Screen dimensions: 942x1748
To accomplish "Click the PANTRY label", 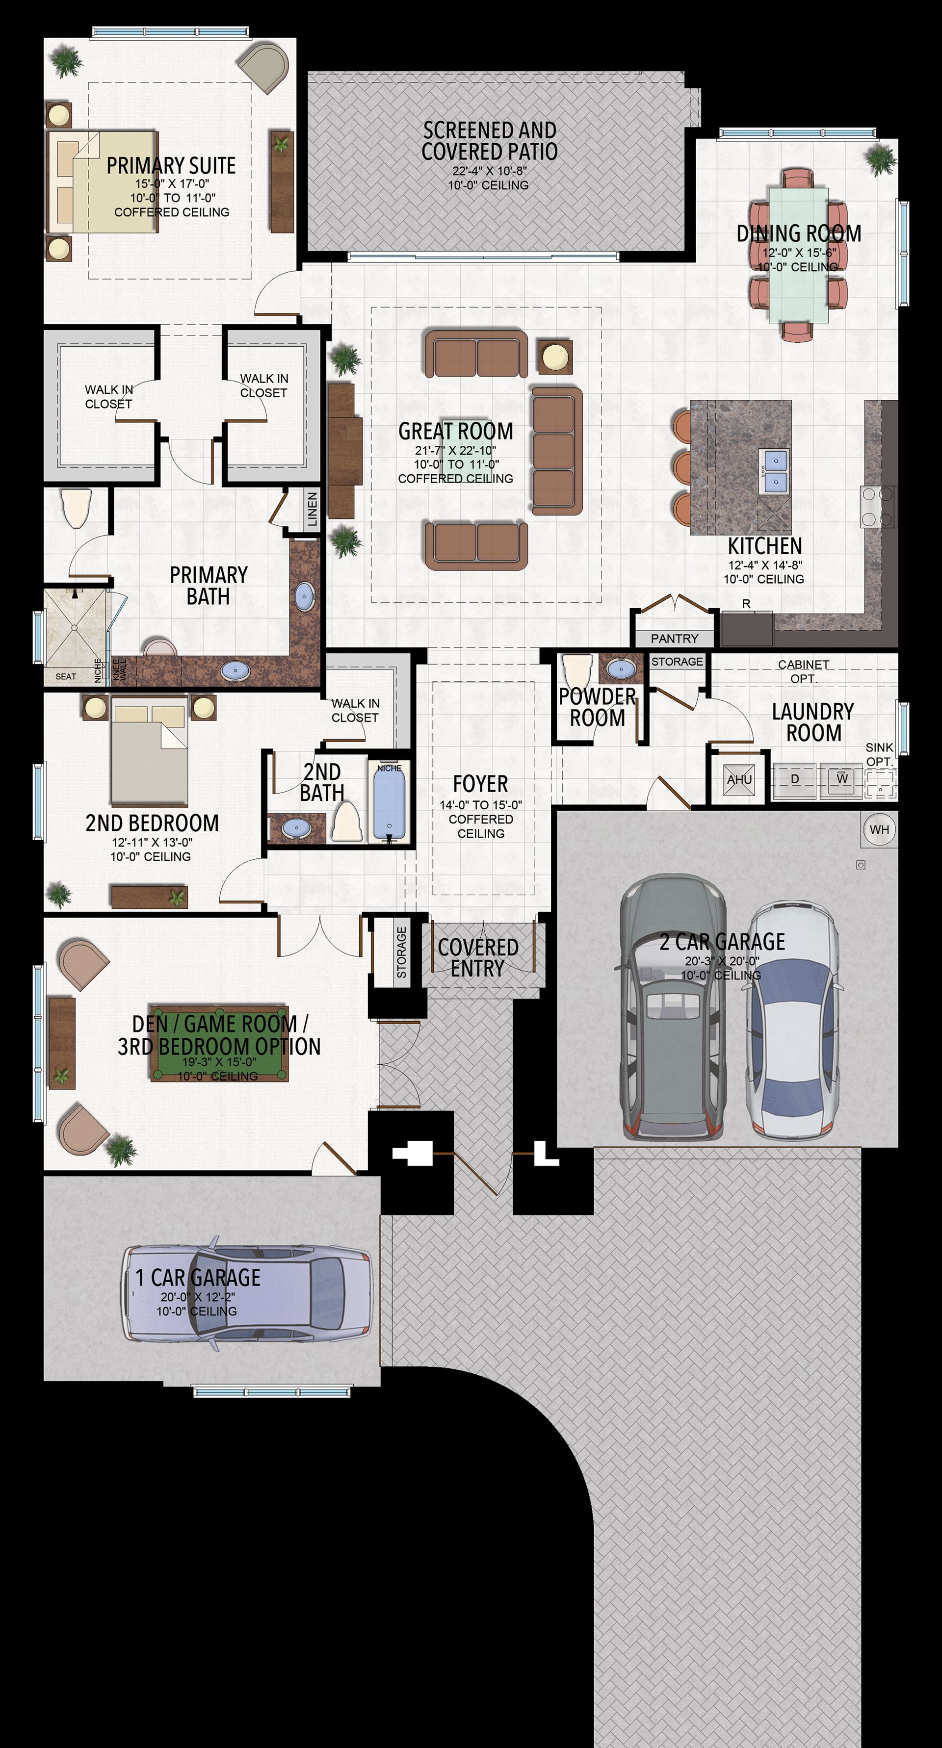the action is point(674,639).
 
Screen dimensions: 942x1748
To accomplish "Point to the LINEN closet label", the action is point(312,510).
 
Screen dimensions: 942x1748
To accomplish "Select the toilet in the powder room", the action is point(577,671).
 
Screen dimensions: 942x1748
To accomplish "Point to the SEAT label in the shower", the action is point(66,676).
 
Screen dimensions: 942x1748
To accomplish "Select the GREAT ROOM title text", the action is point(455,431).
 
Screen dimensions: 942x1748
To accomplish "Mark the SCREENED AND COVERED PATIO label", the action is point(489,140).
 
